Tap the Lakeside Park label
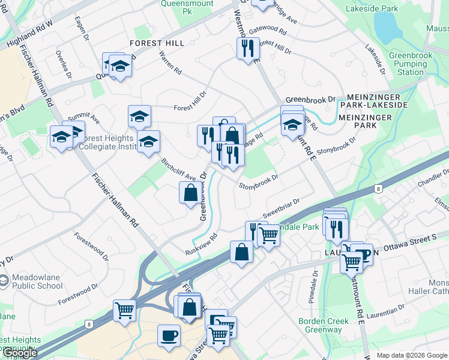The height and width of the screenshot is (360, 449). (x=372, y=9)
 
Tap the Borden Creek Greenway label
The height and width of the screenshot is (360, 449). (x=324, y=325)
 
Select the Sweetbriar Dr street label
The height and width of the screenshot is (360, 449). (x=280, y=209)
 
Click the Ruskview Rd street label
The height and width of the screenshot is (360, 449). (x=200, y=242)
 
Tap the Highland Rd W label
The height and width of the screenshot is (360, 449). (x=29, y=34)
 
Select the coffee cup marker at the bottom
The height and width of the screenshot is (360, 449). (x=169, y=334)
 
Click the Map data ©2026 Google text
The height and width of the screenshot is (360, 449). (x=412, y=355)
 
